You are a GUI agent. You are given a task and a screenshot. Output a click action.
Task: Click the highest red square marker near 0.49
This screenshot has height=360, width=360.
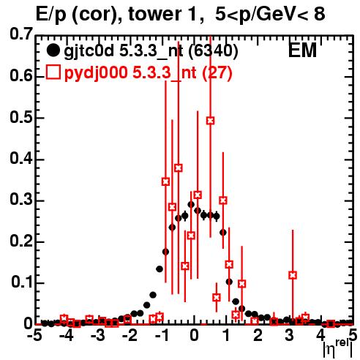210,121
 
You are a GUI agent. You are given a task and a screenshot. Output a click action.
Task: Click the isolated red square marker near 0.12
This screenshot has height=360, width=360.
293,275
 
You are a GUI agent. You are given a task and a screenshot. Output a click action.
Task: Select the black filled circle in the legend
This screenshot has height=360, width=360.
53,50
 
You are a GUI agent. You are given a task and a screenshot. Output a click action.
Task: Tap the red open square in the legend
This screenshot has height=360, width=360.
53,72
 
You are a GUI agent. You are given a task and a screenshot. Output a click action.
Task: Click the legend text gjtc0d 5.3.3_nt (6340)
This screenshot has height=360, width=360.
151,50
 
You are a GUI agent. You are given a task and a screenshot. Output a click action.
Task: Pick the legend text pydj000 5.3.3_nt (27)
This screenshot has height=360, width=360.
148,72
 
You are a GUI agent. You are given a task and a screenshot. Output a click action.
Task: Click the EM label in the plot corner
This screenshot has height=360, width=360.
302,50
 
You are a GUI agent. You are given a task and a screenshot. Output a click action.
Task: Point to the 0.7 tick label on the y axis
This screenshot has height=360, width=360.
21,34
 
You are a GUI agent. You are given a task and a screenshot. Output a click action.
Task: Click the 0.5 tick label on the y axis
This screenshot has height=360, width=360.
21,118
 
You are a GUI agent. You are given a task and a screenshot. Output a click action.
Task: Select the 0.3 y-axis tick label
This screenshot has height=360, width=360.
21,200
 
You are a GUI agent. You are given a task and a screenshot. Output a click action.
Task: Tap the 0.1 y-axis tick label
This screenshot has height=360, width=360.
21,282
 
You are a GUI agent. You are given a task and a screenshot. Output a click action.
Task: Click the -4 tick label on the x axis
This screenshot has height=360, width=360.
66,336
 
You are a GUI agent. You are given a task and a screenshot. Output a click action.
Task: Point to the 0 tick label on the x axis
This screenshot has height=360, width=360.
194,336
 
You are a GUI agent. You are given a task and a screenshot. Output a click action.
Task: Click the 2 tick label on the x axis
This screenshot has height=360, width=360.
258,336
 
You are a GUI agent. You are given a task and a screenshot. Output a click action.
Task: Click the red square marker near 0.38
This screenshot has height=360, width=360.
179,168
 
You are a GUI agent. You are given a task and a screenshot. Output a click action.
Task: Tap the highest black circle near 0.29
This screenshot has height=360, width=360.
191,204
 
